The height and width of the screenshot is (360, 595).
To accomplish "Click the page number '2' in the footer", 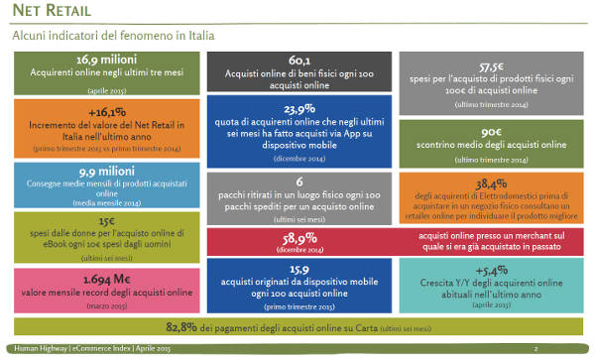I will tap(535, 349).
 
